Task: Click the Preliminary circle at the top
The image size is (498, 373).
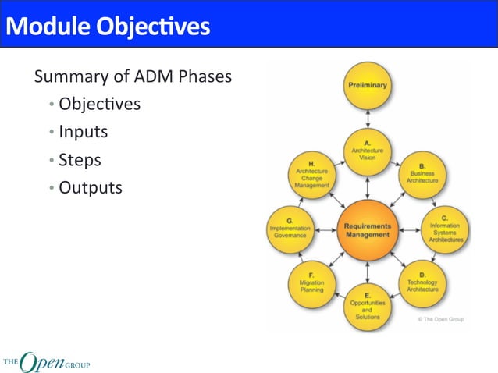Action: point(367,86)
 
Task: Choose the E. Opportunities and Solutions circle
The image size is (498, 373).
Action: point(367,307)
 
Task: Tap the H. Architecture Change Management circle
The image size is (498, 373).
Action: point(311,174)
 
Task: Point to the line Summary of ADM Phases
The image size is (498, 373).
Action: point(132,77)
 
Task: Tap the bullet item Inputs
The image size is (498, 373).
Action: point(83,132)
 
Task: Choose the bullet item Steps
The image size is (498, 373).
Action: point(80,160)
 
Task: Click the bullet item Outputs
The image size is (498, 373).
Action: point(90,188)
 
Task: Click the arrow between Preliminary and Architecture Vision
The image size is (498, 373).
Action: point(367,119)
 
